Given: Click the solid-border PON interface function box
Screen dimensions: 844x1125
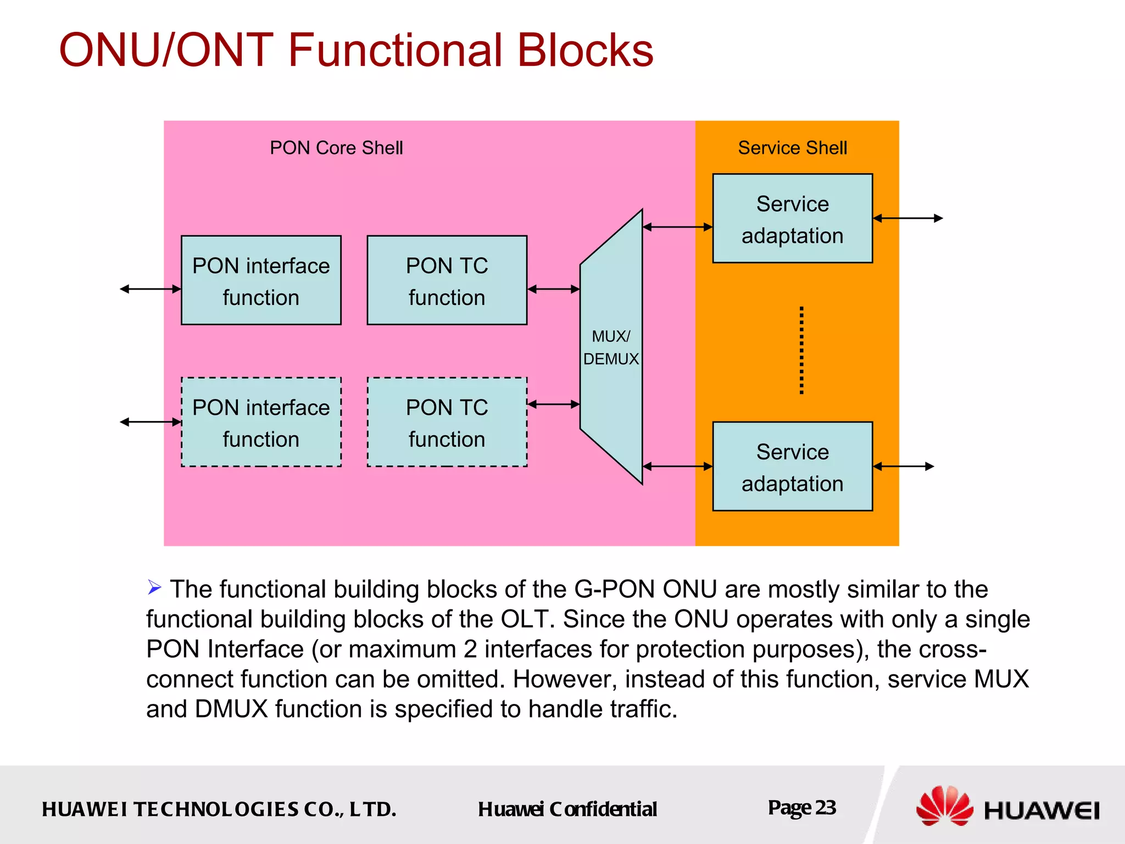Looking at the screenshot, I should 261,280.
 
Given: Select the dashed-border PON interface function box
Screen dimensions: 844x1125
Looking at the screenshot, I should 261,422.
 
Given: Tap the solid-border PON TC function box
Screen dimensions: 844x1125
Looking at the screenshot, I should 447,280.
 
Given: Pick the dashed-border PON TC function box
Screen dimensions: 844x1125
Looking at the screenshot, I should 447,422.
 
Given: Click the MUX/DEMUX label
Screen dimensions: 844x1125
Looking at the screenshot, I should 611,347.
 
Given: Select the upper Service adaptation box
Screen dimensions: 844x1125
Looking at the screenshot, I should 792,219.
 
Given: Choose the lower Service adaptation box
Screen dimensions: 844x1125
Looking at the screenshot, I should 792,467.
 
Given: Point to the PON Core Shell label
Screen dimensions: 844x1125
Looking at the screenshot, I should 336,148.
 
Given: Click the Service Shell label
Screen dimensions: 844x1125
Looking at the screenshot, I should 792,148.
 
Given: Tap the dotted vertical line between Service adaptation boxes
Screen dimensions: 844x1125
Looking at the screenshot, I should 801,350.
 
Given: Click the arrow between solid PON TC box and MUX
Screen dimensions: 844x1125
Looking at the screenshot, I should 553,289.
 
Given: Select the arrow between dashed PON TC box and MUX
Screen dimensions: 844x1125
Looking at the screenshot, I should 553,404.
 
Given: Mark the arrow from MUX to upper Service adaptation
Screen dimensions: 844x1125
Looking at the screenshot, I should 677,227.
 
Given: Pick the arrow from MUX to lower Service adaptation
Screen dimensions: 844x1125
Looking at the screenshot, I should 677,467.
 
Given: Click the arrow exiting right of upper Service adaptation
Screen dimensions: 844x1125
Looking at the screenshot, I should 907,218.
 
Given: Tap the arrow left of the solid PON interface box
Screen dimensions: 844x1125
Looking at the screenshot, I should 151,289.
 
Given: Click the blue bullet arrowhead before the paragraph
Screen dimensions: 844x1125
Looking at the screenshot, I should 154,587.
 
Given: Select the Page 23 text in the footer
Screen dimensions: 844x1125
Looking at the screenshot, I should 801,807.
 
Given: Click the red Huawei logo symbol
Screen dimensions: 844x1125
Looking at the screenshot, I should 944,806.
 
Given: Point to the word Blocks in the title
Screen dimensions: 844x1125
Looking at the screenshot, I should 585,51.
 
